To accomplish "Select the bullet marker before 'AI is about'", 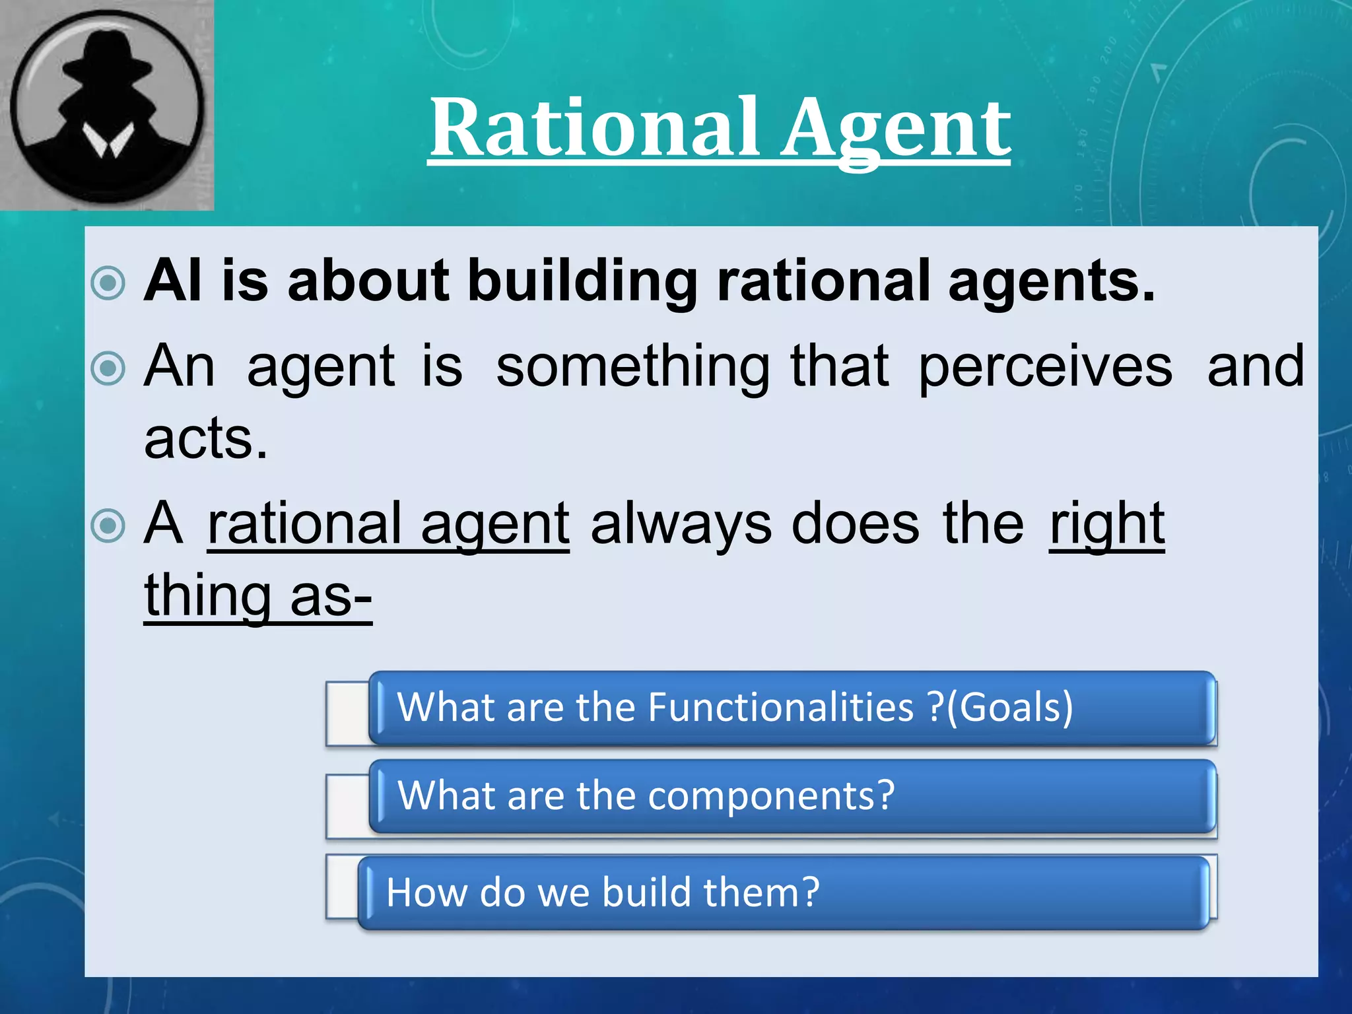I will pos(108,283).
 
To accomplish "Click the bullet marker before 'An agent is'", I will pos(108,368).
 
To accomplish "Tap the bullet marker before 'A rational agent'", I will pos(108,526).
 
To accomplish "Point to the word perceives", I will pos(1046,367).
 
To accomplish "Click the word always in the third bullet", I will pos(681,524).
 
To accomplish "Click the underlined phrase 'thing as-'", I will pos(258,596).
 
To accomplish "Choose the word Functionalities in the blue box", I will pos(781,707).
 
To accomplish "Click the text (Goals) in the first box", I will pos(1009,707).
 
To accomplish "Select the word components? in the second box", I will pos(771,796).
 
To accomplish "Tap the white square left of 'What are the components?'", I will pos(348,805).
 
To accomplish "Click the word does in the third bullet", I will pos(855,524).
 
